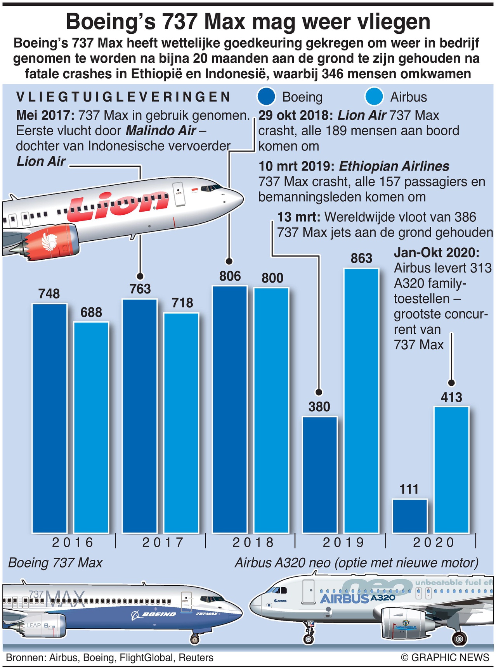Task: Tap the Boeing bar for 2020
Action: (x=410, y=516)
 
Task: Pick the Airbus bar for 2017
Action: (x=181, y=422)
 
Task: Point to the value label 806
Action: (x=230, y=276)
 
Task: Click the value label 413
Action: (x=451, y=397)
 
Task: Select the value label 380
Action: (x=319, y=407)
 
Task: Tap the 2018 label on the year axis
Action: (x=253, y=542)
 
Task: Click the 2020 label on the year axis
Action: (x=433, y=542)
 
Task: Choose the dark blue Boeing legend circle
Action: (x=266, y=97)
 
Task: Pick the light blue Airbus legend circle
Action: (x=374, y=97)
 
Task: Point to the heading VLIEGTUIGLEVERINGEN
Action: (x=123, y=97)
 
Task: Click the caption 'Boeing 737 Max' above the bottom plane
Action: (x=55, y=563)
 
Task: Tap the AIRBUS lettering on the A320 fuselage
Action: (x=344, y=599)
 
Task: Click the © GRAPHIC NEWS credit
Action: (x=445, y=658)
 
